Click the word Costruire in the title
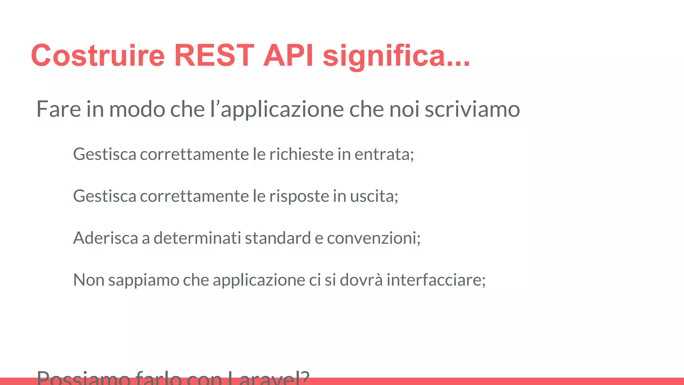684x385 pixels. tap(98, 55)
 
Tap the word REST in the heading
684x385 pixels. tap(214, 55)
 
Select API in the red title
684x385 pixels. tap(288, 55)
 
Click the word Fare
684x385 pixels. tap(58, 109)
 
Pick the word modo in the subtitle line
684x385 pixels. tap(137, 109)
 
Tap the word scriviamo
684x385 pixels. tap(472, 109)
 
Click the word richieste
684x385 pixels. tap(302, 154)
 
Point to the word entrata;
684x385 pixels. tap(384, 154)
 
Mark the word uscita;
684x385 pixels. tap(374, 196)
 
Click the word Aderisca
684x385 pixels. tap(106, 238)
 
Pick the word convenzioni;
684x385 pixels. tap(374, 238)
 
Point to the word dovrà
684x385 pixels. tap(361, 280)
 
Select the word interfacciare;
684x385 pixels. tap(436, 280)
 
